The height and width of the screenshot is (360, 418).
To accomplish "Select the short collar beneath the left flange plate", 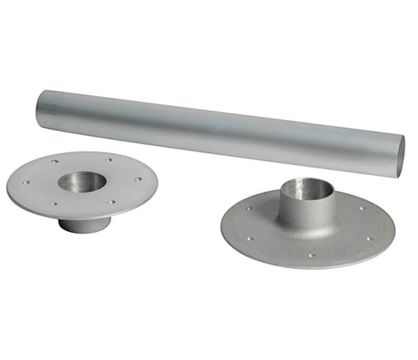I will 83,223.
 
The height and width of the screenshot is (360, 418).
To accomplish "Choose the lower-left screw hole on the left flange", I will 54,203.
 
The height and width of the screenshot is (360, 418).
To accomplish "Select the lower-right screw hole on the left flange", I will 112,201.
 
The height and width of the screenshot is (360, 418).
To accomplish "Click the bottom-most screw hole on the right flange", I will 311,254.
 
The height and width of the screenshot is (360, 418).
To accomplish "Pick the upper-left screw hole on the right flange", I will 250,208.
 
